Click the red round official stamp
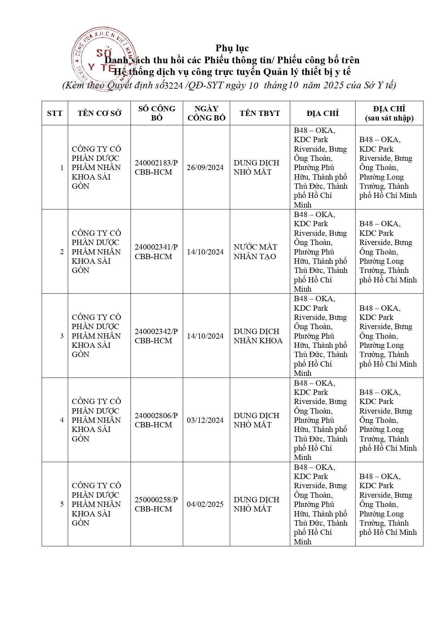click(103, 59)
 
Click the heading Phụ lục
click(232, 48)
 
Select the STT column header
click(54, 113)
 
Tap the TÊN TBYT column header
click(260, 113)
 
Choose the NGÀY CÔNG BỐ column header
click(206, 113)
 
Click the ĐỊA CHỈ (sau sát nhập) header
click(389, 113)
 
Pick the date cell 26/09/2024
click(205, 168)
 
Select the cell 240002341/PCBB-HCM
click(156, 252)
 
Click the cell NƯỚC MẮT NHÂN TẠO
click(255, 252)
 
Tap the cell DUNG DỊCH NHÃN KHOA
click(258, 336)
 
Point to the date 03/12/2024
click(205, 420)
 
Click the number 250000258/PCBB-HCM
click(156, 504)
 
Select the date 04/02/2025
click(205, 504)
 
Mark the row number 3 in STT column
click(62, 336)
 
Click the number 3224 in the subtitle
click(173, 86)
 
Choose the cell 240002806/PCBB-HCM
click(156, 420)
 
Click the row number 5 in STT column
click(62, 504)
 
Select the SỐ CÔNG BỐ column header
click(157, 113)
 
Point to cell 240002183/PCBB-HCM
click(156, 168)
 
